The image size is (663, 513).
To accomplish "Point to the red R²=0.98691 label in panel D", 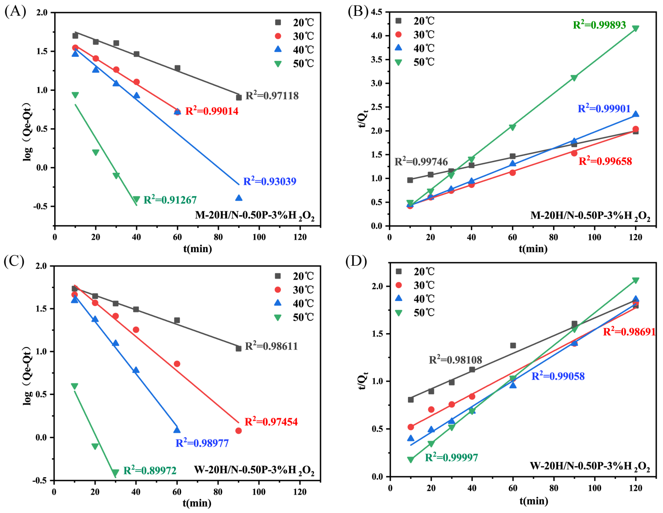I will tap(629, 332).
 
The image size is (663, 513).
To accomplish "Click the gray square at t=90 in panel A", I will tap(239, 97).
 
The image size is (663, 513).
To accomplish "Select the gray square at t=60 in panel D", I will tap(513, 345).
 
